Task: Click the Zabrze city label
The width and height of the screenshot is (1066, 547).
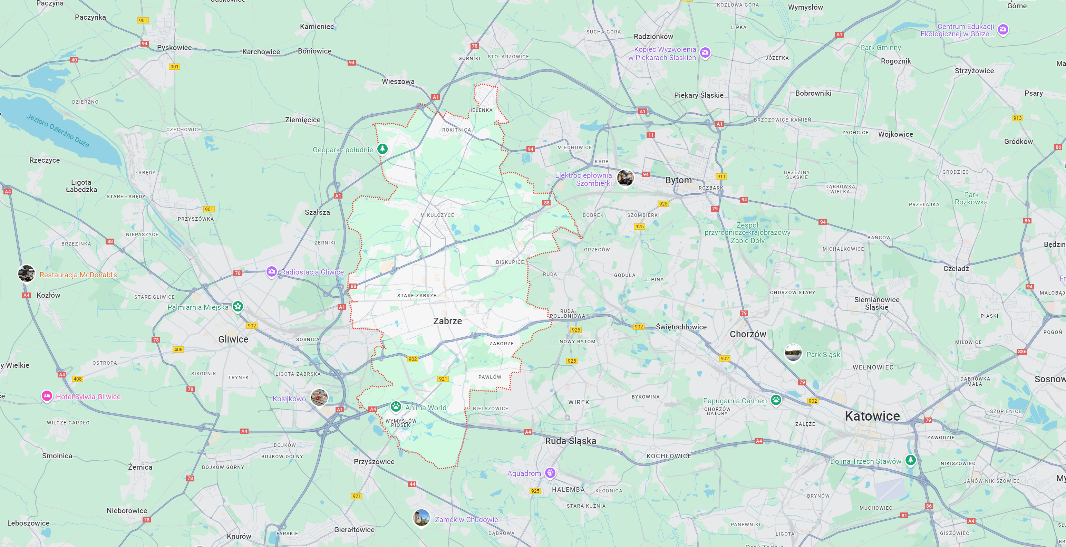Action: point(447,321)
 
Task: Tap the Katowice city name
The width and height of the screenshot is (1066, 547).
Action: point(872,416)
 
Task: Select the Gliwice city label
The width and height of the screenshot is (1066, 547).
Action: point(233,339)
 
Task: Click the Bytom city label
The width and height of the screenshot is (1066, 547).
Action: point(678,180)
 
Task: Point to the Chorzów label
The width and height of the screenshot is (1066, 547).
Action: point(747,334)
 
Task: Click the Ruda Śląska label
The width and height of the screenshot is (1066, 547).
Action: point(570,441)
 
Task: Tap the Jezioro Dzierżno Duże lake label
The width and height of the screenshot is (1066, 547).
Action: point(58,131)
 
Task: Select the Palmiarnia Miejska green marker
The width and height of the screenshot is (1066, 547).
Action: point(238,306)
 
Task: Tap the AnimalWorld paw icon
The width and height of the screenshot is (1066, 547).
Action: point(396,407)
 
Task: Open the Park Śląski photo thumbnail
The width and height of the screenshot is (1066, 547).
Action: point(793,353)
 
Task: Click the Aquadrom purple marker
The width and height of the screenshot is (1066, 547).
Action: point(550,472)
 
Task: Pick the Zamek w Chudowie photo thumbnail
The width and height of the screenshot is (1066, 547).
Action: point(421,518)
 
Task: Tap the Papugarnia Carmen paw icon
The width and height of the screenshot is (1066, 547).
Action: point(776,400)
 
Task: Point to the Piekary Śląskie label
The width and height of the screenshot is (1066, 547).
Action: point(699,95)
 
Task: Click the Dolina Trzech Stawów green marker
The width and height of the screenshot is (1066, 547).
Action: point(910,460)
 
